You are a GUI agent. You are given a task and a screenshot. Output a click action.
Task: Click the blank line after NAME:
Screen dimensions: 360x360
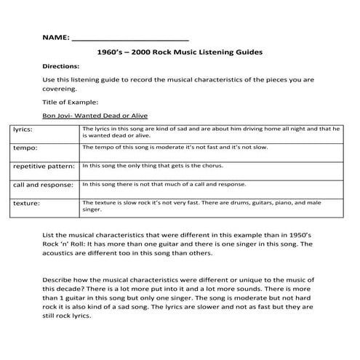[130, 38]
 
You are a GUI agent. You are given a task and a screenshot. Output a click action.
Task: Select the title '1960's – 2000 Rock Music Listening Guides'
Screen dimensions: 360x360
[179, 52]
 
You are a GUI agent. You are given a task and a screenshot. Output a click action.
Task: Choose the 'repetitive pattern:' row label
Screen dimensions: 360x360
[44, 166]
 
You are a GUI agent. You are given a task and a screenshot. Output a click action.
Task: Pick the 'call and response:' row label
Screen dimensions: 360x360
[43, 185]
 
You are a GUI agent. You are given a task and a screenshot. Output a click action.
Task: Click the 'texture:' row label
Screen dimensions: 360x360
[26, 203]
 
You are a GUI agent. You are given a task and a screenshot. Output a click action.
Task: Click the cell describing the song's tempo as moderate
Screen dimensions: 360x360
[175, 147]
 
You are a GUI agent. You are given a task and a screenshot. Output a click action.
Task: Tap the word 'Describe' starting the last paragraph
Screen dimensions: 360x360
[59, 280]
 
